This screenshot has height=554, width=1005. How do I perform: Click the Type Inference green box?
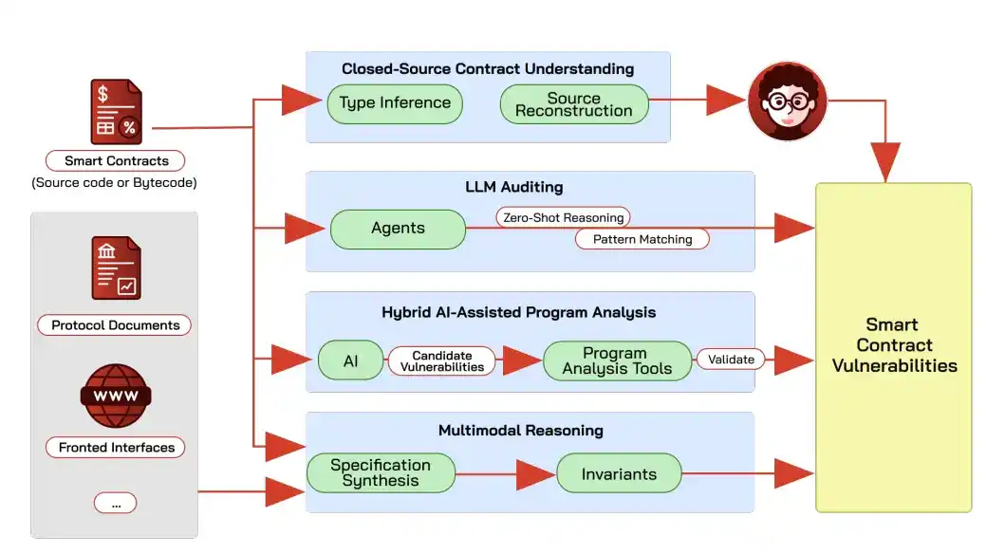[395, 103]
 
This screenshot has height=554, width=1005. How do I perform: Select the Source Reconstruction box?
[573, 104]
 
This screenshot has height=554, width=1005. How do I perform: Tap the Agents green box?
[398, 229]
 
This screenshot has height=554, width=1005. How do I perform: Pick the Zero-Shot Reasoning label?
[563, 218]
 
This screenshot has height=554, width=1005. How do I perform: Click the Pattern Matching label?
[642, 240]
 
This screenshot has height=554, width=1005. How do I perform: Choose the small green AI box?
[350, 360]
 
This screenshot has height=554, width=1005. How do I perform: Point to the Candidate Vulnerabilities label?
[441, 361]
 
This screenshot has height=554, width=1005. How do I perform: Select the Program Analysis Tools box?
[617, 360]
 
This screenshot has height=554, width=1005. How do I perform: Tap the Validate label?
[731, 360]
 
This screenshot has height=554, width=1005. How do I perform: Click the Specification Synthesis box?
[381, 472]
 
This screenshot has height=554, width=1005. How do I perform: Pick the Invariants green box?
[619, 473]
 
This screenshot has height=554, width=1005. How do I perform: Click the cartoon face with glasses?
[787, 101]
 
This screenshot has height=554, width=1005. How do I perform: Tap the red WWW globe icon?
[116, 396]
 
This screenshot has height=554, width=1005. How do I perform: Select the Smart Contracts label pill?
[116, 160]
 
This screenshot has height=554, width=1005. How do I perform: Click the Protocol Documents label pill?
[115, 325]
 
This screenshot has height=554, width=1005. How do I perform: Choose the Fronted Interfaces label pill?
[116, 447]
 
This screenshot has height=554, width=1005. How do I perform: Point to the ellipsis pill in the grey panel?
[116, 503]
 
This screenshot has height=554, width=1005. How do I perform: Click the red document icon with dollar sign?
[116, 111]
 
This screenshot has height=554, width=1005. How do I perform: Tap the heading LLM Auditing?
[514, 187]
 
